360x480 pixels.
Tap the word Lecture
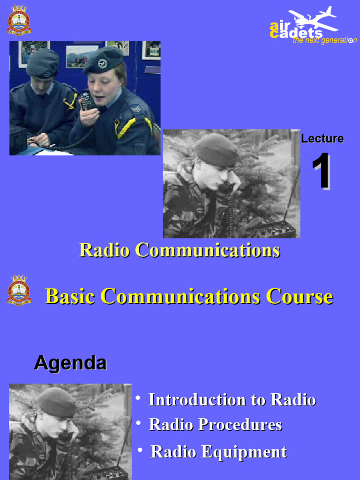coord(322,139)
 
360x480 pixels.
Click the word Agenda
coord(70,363)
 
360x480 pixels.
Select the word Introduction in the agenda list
coord(195,400)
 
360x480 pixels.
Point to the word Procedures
coord(240,425)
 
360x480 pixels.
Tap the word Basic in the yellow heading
coord(70,296)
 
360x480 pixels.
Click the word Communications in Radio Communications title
coord(207,250)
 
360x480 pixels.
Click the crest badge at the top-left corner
coord(19,20)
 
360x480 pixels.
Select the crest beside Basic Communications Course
coord(19,290)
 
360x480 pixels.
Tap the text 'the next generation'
coord(324,41)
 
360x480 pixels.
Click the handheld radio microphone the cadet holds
coord(86,100)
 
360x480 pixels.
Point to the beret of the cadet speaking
coord(103,59)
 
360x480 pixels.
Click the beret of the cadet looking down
coord(42,62)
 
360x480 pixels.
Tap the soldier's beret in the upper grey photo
coord(216,150)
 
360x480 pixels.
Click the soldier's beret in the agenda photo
coord(57,402)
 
